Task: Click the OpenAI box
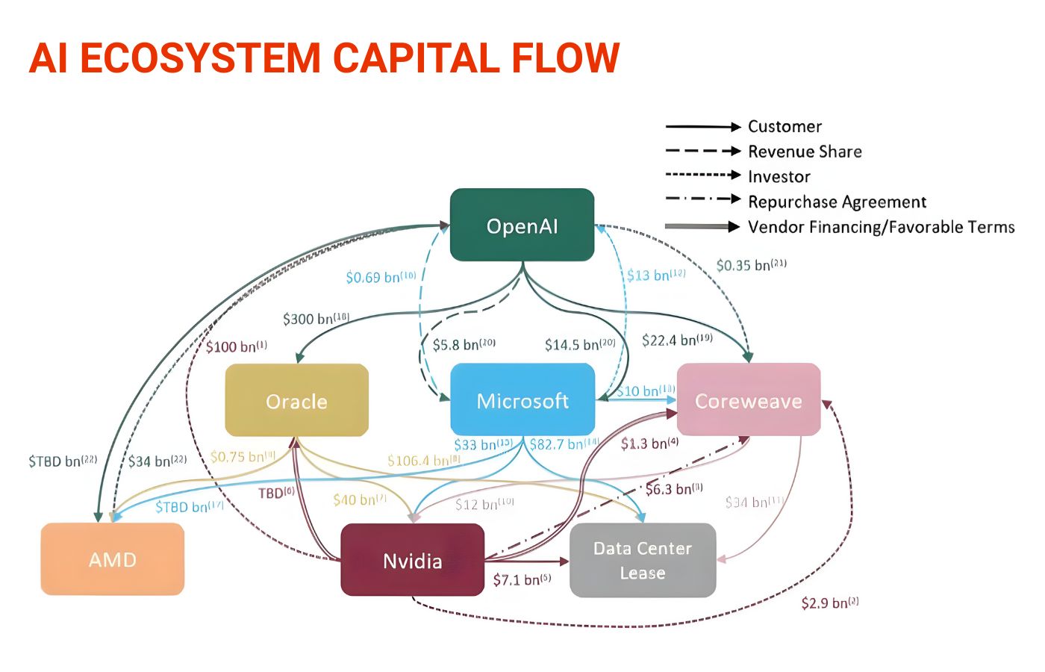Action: click(x=522, y=225)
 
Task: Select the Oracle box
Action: click(x=296, y=401)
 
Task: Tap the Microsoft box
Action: click(x=522, y=401)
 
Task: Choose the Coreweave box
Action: click(x=748, y=401)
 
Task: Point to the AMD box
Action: click(x=112, y=559)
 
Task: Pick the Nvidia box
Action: click(x=412, y=561)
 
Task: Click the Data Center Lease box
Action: click(x=643, y=560)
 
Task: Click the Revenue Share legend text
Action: click(x=805, y=152)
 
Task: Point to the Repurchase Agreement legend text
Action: click(x=837, y=202)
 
